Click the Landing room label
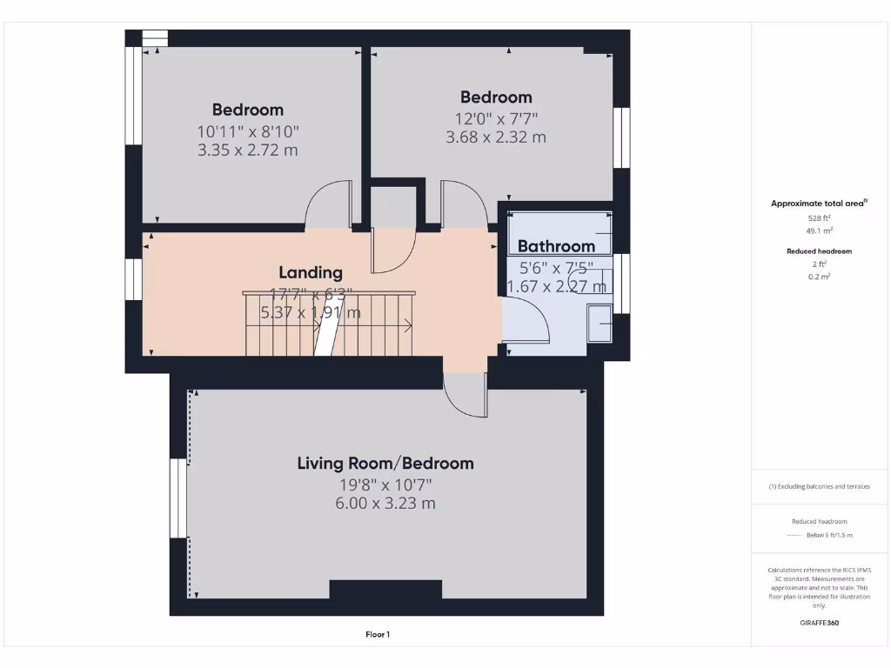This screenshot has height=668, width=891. pyautogui.click(x=311, y=273)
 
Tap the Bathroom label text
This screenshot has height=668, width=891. pyautogui.click(x=556, y=246)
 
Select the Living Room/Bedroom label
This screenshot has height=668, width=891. pyautogui.click(x=385, y=464)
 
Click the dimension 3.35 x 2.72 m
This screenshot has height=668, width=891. pyautogui.click(x=248, y=150)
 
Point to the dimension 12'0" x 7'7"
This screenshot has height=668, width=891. pyautogui.click(x=496, y=118)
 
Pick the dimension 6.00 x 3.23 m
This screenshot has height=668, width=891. pyautogui.click(x=385, y=504)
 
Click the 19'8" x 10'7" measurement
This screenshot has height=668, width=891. pyautogui.click(x=385, y=484)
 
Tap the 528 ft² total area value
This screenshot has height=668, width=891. pyautogui.click(x=817, y=218)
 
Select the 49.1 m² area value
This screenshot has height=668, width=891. pyautogui.click(x=817, y=231)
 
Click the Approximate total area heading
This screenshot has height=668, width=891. pyautogui.click(x=818, y=204)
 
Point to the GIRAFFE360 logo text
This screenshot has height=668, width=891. pyautogui.click(x=819, y=623)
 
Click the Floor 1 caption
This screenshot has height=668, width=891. pyautogui.click(x=378, y=635)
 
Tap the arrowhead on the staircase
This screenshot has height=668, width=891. pyautogui.click(x=409, y=326)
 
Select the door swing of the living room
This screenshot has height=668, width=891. pyautogui.click(x=466, y=396)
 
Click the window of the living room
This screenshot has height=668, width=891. pyautogui.click(x=178, y=498)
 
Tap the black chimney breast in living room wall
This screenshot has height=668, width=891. pyautogui.click(x=385, y=590)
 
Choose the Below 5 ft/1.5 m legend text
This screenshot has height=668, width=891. pyautogui.click(x=829, y=535)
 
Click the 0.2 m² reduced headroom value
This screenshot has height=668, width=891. pyautogui.click(x=817, y=276)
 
